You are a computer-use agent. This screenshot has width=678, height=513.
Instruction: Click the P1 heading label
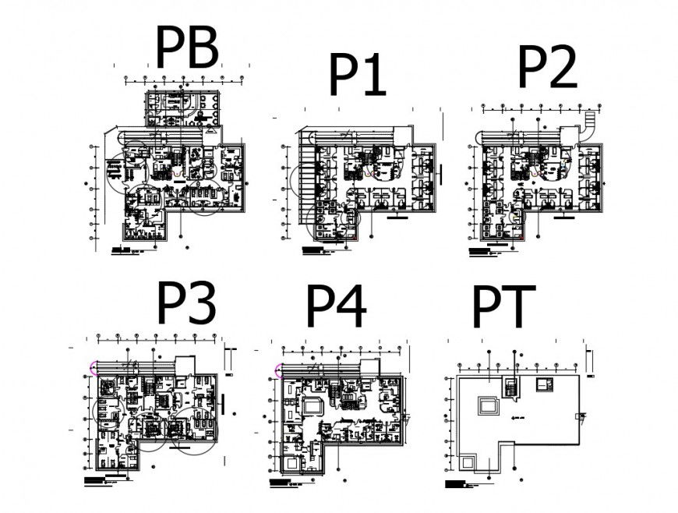(x=357, y=76)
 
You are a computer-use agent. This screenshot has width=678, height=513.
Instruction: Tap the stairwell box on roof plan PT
(x=511, y=385)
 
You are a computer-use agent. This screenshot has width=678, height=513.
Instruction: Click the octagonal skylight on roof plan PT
(x=489, y=405)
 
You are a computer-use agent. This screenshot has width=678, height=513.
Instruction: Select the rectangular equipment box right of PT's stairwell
(x=544, y=383)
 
